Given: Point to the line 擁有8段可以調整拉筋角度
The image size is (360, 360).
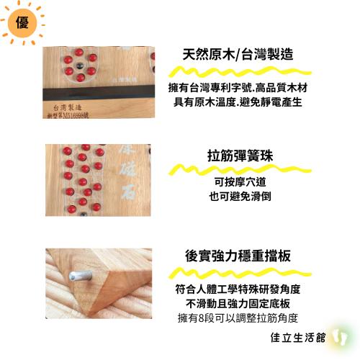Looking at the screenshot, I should coord(238,318).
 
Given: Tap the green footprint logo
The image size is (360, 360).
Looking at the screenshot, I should coord(341,336).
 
